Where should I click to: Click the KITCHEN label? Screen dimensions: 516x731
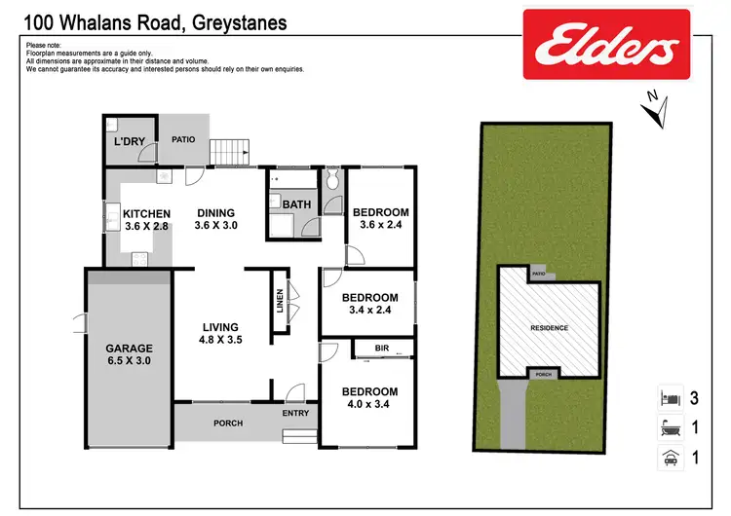(147, 214)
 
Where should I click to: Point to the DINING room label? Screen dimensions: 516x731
(216, 213)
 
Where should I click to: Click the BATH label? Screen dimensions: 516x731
(296, 204)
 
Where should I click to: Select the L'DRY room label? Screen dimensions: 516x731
(130, 142)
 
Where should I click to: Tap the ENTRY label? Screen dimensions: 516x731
(295, 414)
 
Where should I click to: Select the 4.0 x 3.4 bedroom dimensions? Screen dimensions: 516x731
(369, 406)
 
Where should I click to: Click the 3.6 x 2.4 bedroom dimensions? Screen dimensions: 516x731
(380, 226)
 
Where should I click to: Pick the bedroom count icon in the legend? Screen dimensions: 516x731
(668, 397)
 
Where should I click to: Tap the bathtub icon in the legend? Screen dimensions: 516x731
(668, 425)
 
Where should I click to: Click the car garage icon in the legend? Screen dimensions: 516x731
(668, 455)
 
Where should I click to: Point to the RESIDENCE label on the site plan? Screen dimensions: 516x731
(548, 328)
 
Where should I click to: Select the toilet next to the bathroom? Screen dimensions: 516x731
(331, 179)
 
